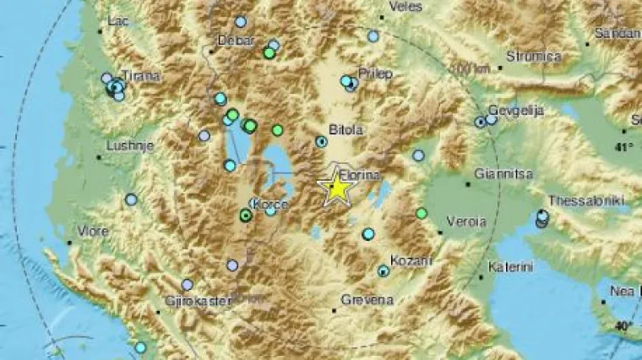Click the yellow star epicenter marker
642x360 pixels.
tap(337, 188)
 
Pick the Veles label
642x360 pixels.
tap(405, 7)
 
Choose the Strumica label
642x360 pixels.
tap(534, 57)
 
